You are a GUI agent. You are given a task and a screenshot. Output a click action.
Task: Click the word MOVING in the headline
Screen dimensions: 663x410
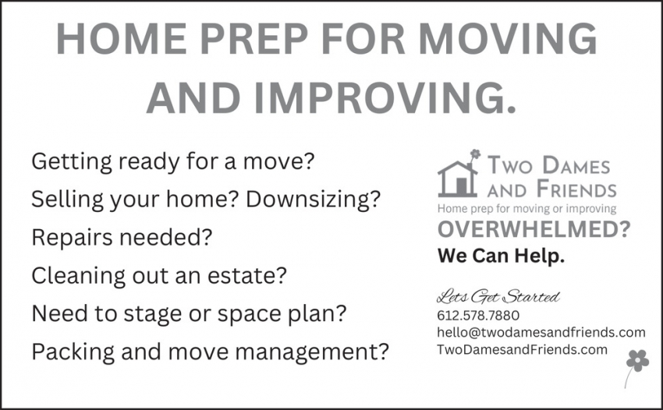click(508, 38)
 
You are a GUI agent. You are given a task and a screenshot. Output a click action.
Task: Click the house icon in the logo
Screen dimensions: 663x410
click(458, 178)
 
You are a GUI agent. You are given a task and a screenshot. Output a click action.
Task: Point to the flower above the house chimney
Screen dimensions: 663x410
click(476, 154)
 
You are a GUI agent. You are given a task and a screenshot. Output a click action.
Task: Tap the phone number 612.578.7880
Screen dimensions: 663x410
click(478, 316)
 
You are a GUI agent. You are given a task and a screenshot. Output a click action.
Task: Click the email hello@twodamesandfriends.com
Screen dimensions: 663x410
click(541, 332)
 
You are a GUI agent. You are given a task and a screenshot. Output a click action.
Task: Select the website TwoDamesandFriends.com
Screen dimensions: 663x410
click(522, 349)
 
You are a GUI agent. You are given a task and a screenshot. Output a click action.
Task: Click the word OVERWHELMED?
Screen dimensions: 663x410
click(534, 229)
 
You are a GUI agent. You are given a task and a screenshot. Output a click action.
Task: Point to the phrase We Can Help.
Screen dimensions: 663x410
click(501, 256)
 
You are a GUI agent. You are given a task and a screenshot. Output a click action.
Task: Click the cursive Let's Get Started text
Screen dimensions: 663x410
click(498, 297)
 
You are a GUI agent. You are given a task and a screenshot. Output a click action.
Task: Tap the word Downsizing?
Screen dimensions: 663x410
click(314, 199)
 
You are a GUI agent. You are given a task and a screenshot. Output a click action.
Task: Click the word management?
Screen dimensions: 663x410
click(311, 352)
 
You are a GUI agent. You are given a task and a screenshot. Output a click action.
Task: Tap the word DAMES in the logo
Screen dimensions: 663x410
click(576, 164)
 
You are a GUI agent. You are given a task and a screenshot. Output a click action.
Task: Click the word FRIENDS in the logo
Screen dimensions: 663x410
click(576, 189)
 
